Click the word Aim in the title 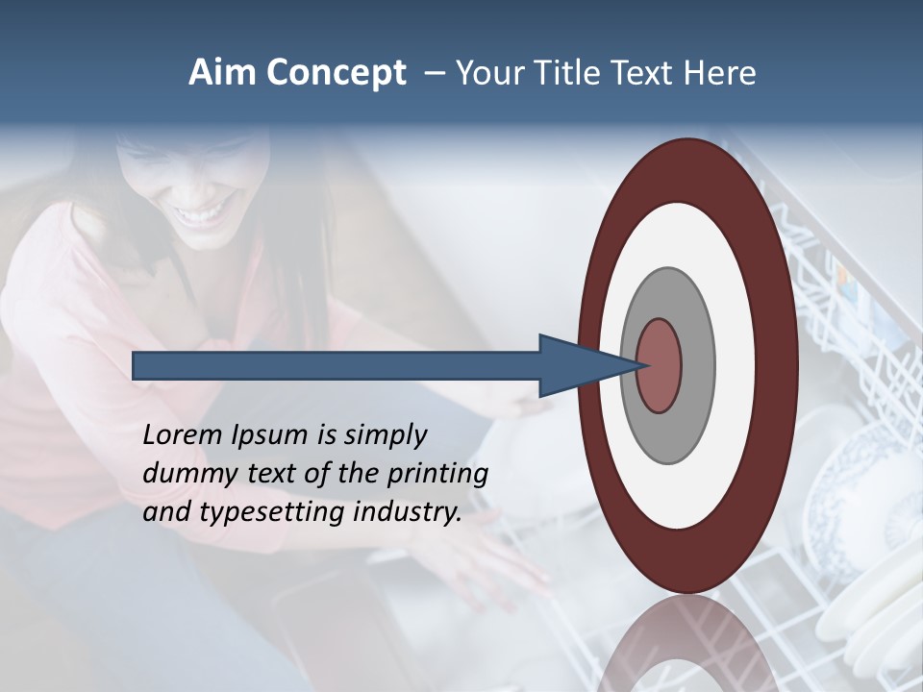[x=223, y=73]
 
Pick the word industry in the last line [x=407, y=513]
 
